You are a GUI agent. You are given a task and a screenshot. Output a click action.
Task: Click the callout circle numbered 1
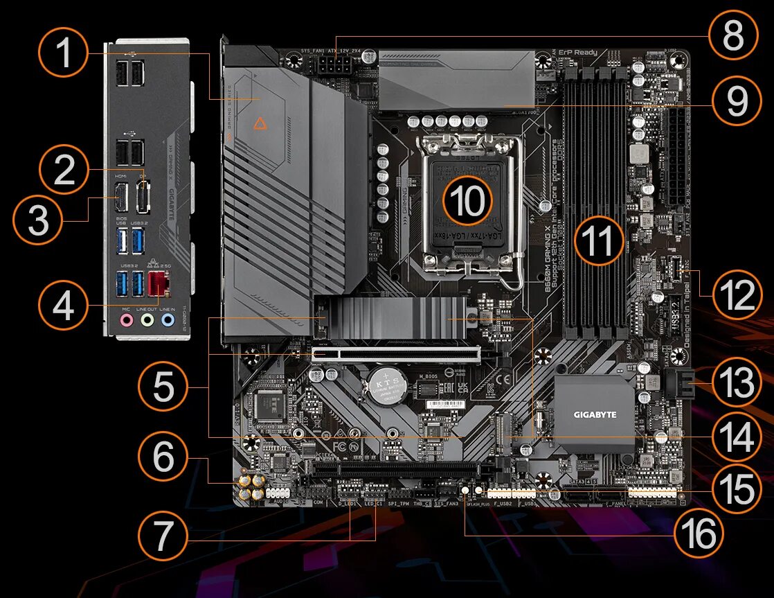64,53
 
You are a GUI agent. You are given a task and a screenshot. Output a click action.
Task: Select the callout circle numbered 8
732,36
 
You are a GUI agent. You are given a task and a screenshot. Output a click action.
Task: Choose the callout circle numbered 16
697,534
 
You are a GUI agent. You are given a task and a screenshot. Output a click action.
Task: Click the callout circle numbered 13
735,382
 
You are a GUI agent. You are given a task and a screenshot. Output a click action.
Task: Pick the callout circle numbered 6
163,458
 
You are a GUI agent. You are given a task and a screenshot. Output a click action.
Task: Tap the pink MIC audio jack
126,320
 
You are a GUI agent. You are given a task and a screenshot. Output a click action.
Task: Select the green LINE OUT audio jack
147,320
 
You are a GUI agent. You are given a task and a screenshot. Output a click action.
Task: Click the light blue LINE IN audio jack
167,320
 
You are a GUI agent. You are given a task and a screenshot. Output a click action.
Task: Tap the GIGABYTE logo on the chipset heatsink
593,415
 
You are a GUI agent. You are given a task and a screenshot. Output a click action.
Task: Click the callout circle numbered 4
64,305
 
